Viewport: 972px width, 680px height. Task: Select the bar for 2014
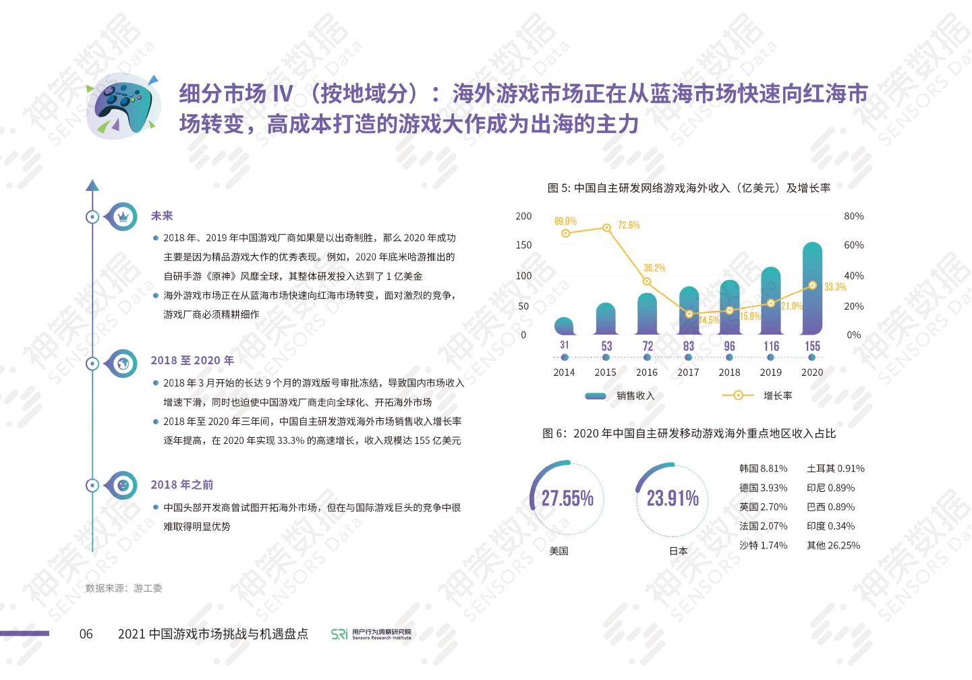click(565, 327)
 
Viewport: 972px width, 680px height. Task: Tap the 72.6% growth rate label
click(628, 225)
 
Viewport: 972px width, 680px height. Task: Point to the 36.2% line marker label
click(654, 268)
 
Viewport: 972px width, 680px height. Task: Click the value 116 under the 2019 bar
click(771, 346)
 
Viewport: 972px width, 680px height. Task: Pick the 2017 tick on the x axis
click(688, 372)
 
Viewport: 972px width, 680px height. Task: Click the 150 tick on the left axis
click(523, 245)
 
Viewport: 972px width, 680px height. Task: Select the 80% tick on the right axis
click(853, 216)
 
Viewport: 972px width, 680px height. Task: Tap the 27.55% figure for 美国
click(567, 498)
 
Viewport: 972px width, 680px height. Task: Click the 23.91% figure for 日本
click(673, 498)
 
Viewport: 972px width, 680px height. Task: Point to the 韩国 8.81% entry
click(763, 468)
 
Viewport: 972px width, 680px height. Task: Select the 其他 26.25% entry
click(833, 545)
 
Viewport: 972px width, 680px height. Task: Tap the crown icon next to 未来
click(123, 217)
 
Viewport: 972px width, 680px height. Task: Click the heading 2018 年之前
click(181, 484)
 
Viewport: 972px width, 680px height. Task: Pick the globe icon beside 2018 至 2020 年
click(123, 363)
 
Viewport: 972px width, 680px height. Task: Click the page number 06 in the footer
click(86, 633)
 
